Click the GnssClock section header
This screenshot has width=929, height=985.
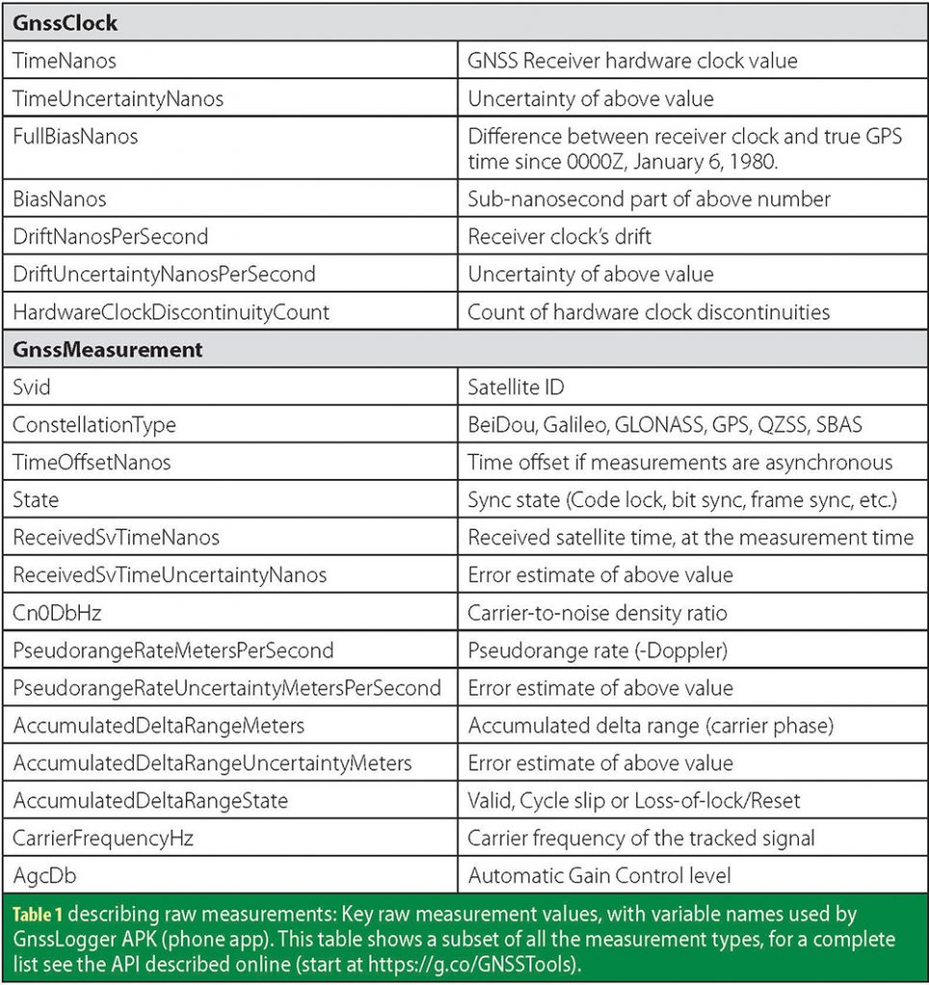coord(66,23)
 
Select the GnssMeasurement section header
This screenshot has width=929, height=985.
coord(108,349)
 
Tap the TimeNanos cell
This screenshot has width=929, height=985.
coord(65,61)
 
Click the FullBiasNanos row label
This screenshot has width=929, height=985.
coord(75,137)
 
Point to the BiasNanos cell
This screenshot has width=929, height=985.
coord(60,199)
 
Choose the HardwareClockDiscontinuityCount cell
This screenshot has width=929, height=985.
coord(171,312)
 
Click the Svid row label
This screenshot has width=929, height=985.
coord(32,387)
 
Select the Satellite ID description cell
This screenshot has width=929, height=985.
coord(516,387)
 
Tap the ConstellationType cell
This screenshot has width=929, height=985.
coord(94,424)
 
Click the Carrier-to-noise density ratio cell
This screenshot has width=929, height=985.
coord(597,613)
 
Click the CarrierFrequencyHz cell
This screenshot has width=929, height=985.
coord(103,838)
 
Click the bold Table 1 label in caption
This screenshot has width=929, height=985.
coord(37,913)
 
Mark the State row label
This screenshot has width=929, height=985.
coord(36,500)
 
